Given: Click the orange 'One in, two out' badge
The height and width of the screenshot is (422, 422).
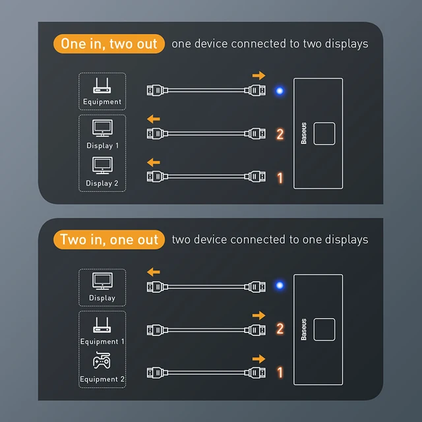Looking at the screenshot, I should coord(109,44).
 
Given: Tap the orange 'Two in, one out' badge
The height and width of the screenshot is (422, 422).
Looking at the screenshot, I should coord(109,239).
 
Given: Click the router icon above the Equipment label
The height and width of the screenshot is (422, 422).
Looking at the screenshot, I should coord(102,86).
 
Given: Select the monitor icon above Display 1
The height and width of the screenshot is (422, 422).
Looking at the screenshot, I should coord(102,128).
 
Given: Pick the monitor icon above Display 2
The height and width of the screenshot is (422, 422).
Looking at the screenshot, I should coord(102,165).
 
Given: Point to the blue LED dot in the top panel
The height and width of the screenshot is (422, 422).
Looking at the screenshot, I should coord(280,91).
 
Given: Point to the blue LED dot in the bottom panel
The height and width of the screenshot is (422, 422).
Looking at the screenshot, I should coord(280,286).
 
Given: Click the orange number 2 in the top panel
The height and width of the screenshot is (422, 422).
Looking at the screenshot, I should coord(280,135).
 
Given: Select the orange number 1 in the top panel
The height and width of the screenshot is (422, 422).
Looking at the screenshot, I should coord(280,177).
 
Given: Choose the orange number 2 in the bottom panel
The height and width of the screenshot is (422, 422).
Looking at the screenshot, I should coord(280,329).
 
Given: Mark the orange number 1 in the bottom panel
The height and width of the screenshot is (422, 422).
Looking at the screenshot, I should coord(280,373).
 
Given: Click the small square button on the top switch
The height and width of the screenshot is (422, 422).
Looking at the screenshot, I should coord(324,134).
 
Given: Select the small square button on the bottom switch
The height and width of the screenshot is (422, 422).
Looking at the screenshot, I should coord(324,329).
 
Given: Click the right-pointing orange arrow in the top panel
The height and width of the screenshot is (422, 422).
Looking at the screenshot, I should coord(258,75).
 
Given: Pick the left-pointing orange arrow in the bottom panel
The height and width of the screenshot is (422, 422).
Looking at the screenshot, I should coord(153,271).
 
